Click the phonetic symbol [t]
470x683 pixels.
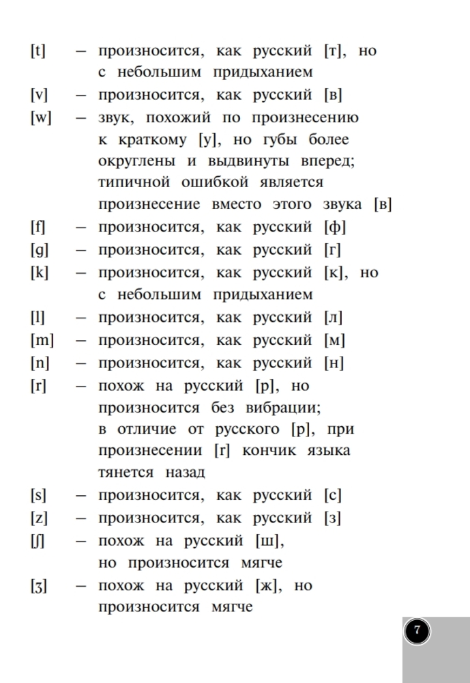point(38,51)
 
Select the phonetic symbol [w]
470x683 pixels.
point(41,117)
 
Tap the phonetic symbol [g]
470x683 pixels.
point(39,250)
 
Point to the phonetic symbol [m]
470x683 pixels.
point(42,340)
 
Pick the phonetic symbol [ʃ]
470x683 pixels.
point(38,542)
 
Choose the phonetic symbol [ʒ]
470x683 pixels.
point(39,586)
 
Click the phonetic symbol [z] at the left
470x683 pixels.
point(38,518)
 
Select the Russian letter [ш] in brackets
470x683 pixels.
point(269,542)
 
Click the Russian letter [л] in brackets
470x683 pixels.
point(334,318)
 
